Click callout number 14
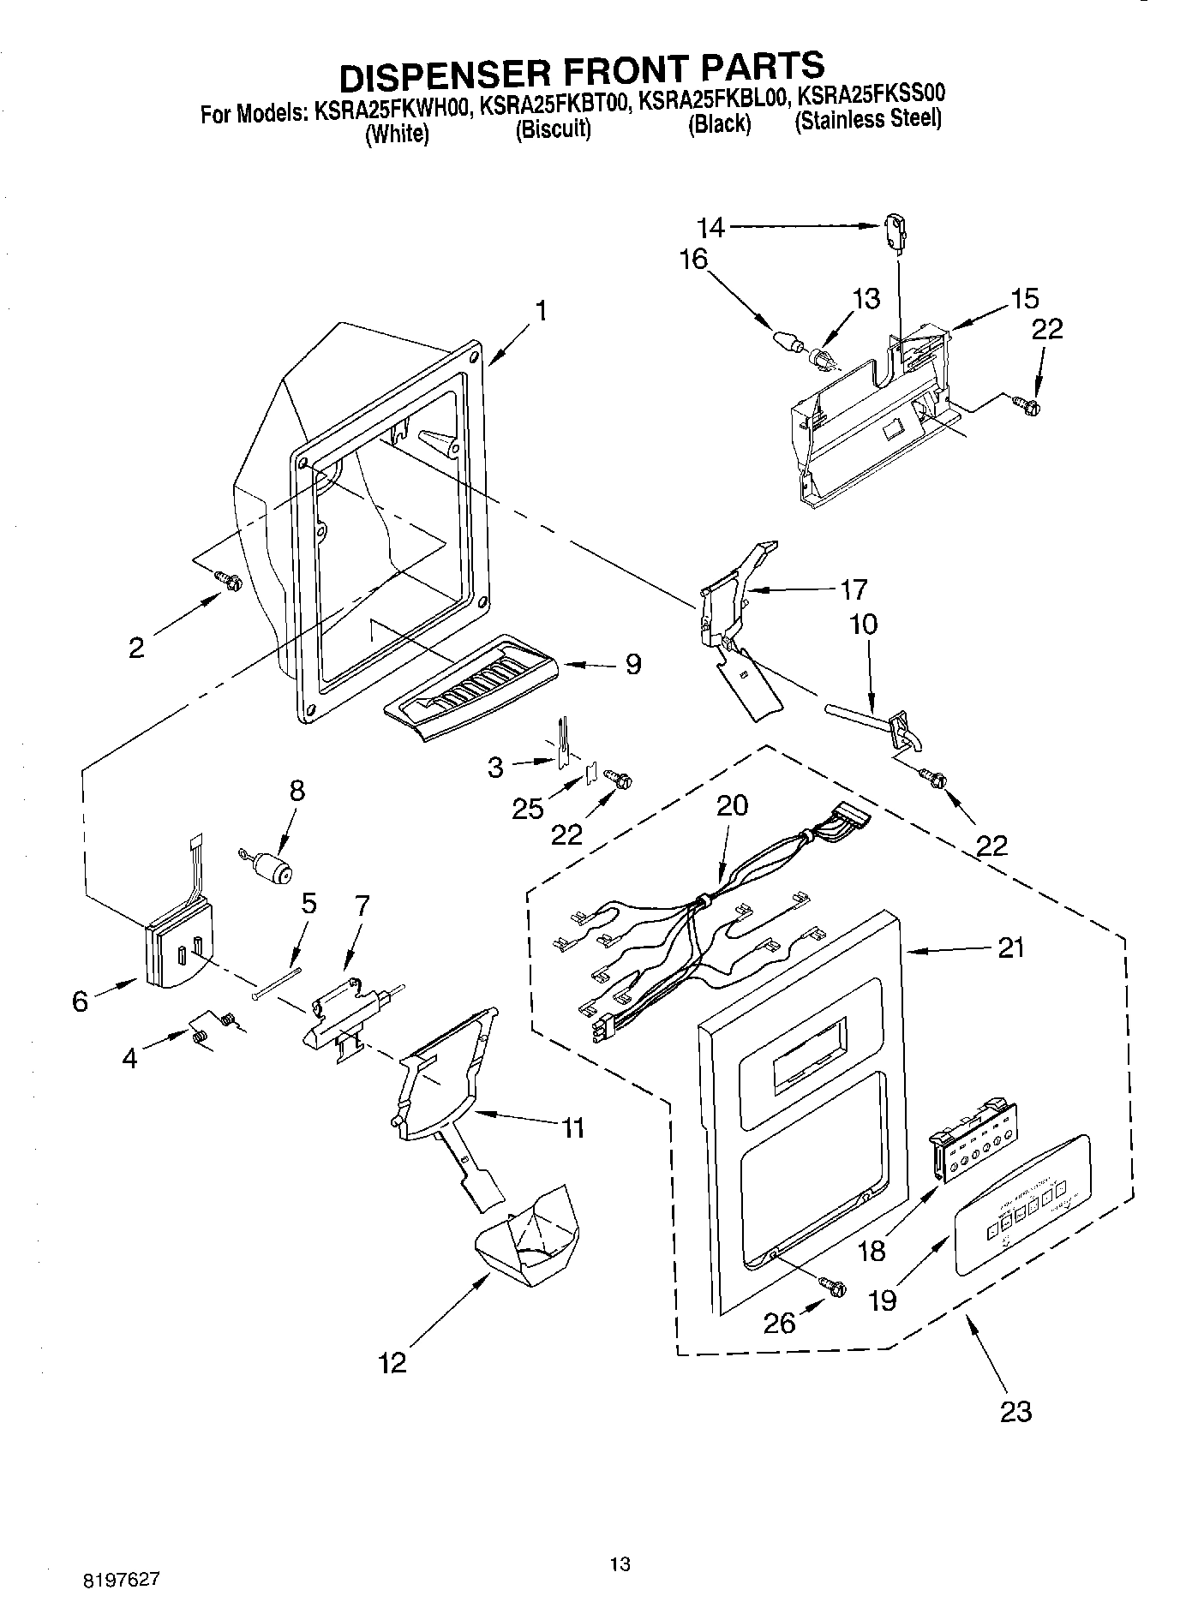711,227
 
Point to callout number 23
1015,1410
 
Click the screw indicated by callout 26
833,1287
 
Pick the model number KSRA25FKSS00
871,93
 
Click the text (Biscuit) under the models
553,129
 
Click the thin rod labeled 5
277,983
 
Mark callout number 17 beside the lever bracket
854,589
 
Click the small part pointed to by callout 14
894,235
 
